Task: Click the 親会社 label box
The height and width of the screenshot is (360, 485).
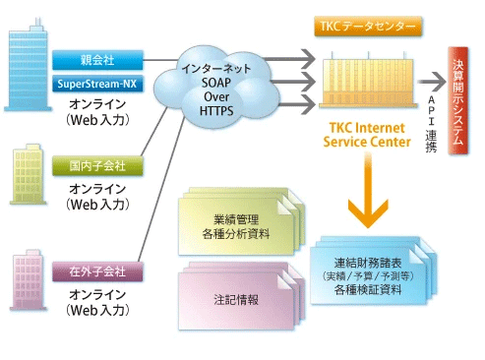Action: [97, 59]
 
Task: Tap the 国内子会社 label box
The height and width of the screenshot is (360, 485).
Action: [97, 165]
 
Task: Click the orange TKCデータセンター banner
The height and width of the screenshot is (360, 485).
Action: [367, 24]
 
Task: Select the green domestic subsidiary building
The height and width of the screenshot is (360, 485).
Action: [28, 177]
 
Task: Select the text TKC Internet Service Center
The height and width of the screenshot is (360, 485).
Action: [365, 135]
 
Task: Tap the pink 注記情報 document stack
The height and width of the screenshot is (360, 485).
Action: [234, 298]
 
